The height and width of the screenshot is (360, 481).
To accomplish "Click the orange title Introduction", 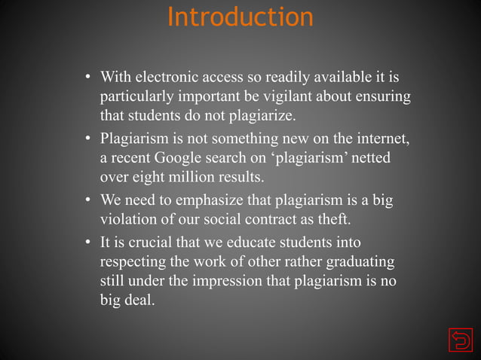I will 240,17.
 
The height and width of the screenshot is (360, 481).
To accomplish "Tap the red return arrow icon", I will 458,340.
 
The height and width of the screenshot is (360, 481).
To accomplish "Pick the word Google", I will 179,159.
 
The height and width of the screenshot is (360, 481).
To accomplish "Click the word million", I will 198,178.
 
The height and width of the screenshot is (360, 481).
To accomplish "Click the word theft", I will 333,221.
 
